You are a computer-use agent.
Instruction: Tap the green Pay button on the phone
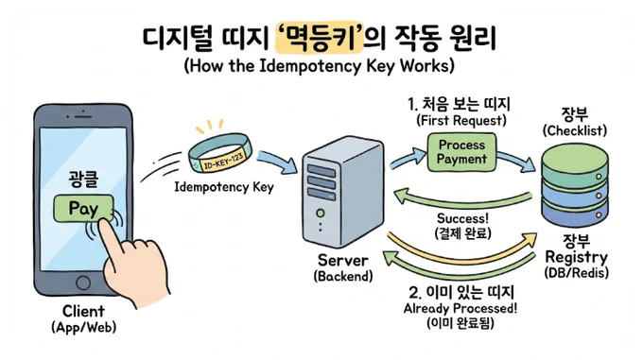pos(83,208)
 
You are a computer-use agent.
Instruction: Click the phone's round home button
pos(83,283)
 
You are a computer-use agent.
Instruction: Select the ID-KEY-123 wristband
pos(220,153)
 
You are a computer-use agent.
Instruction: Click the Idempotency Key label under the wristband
pos(224,187)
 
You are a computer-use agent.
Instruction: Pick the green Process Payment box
pos(461,152)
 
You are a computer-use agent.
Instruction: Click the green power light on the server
pos(321,213)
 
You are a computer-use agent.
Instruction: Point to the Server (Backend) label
pos(343,267)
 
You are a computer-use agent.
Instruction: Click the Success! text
pos(462,218)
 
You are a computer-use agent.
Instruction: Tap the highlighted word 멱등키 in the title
pos(320,38)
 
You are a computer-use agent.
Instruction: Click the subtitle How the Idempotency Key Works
pos(320,65)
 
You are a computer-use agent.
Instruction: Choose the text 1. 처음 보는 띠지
pos(459,104)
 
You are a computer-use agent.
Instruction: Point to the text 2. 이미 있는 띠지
pos(461,292)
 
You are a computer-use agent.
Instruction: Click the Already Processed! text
pos(461,308)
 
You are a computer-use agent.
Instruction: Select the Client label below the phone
pos(83,311)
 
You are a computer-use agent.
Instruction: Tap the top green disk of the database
pos(575,163)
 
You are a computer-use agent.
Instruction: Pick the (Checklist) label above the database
pos(575,130)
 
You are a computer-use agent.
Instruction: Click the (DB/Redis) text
pos(576,273)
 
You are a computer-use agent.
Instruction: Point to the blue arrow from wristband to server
pos(278,161)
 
